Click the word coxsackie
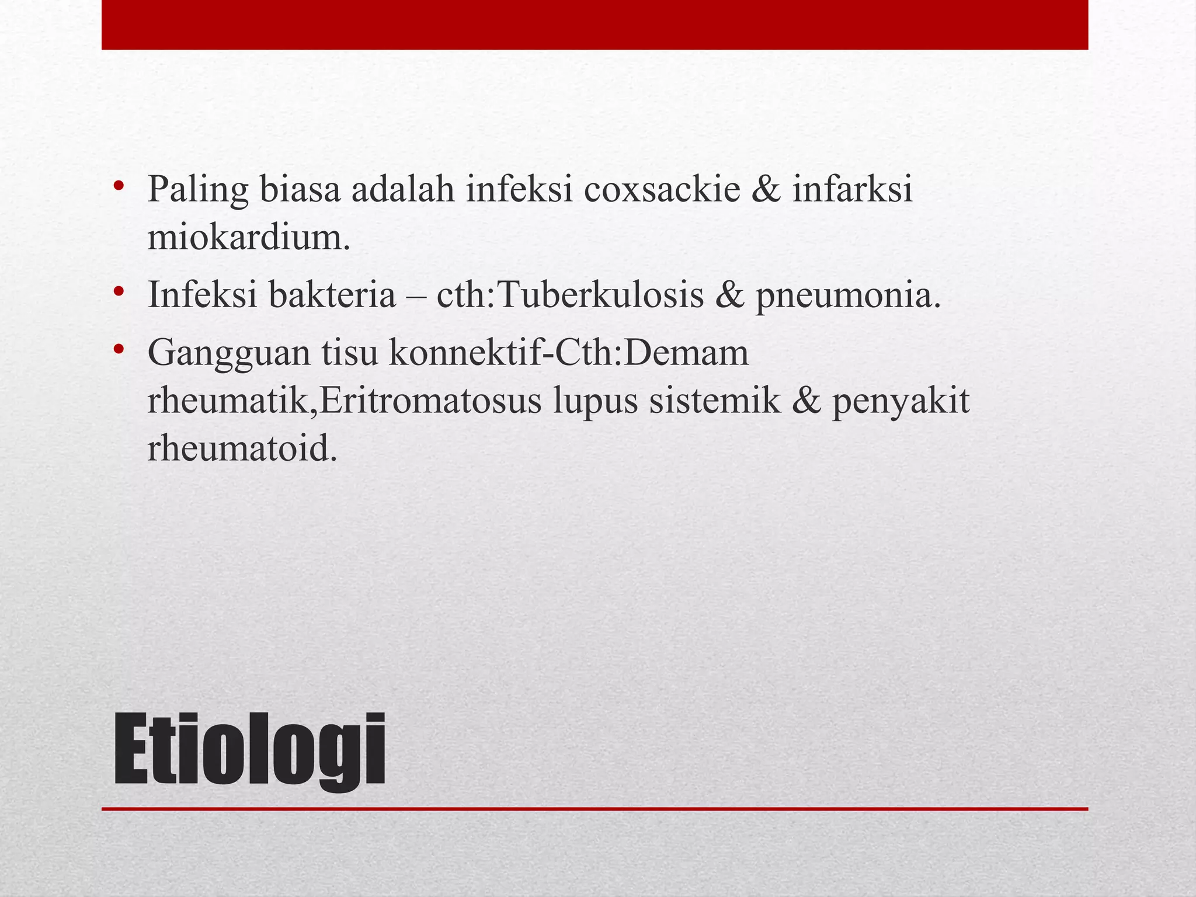tap(662, 190)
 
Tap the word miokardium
tap(249, 238)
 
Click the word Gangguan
tap(229, 354)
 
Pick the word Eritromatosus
tap(431, 402)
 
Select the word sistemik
tap(714, 402)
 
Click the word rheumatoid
tap(242, 450)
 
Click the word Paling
tap(198, 191)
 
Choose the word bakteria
tap(332, 295)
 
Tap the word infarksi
tap(852, 190)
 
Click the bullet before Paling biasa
tap(119, 186)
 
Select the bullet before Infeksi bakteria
tap(119, 290)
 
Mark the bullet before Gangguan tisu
tap(119, 349)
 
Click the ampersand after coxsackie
tap(766, 190)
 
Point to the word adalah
tap(402, 190)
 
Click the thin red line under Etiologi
tap(594, 809)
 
